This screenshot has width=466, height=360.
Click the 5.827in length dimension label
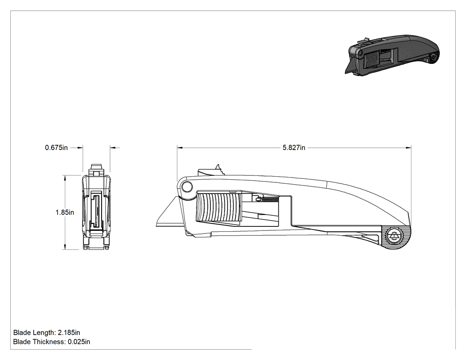coord(294,148)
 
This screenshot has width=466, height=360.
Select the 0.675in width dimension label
coord(56,147)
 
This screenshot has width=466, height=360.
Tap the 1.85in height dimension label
coord(65,212)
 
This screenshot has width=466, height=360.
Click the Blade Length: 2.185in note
coord(47,332)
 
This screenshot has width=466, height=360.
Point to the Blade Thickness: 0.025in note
coord(52,342)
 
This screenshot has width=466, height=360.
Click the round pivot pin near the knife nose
coord(187,187)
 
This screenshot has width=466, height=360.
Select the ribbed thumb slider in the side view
coord(218,207)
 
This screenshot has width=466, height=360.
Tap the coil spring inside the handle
coord(269,198)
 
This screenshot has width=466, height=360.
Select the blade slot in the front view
coord(96,210)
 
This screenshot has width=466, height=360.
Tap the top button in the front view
coord(97,167)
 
